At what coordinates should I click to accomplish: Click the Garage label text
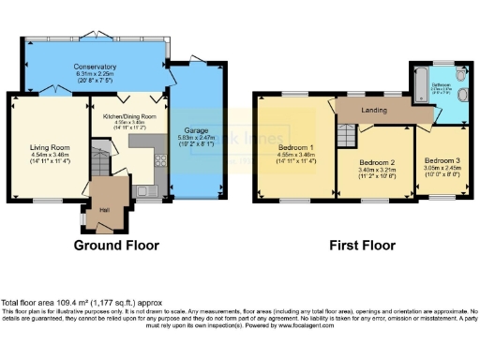pyautogui.click(x=196, y=131)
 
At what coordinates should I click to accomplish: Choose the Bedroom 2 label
pyautogui.click(x=379, y=162)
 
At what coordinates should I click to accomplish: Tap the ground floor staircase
pyautogui.click(x=99, y=154)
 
